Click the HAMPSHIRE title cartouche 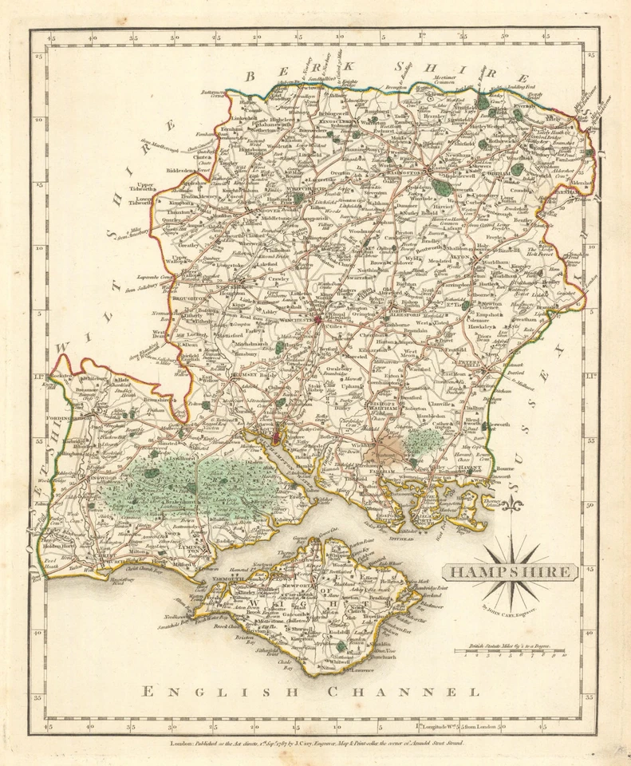(x=509, y=571)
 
